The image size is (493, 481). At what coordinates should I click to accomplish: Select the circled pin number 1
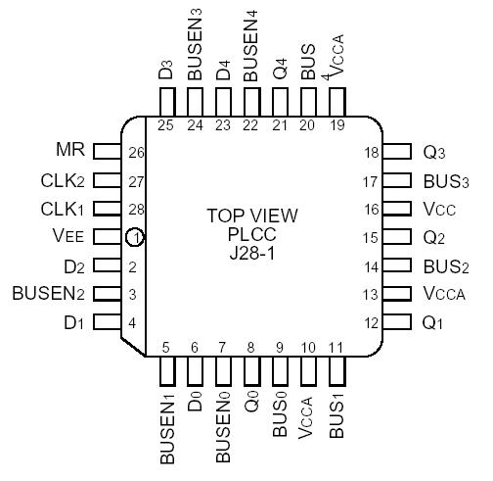point(135,237)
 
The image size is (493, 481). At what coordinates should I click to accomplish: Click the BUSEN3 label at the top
point(195,57)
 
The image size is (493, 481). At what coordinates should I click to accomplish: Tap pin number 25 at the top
point(165,124)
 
